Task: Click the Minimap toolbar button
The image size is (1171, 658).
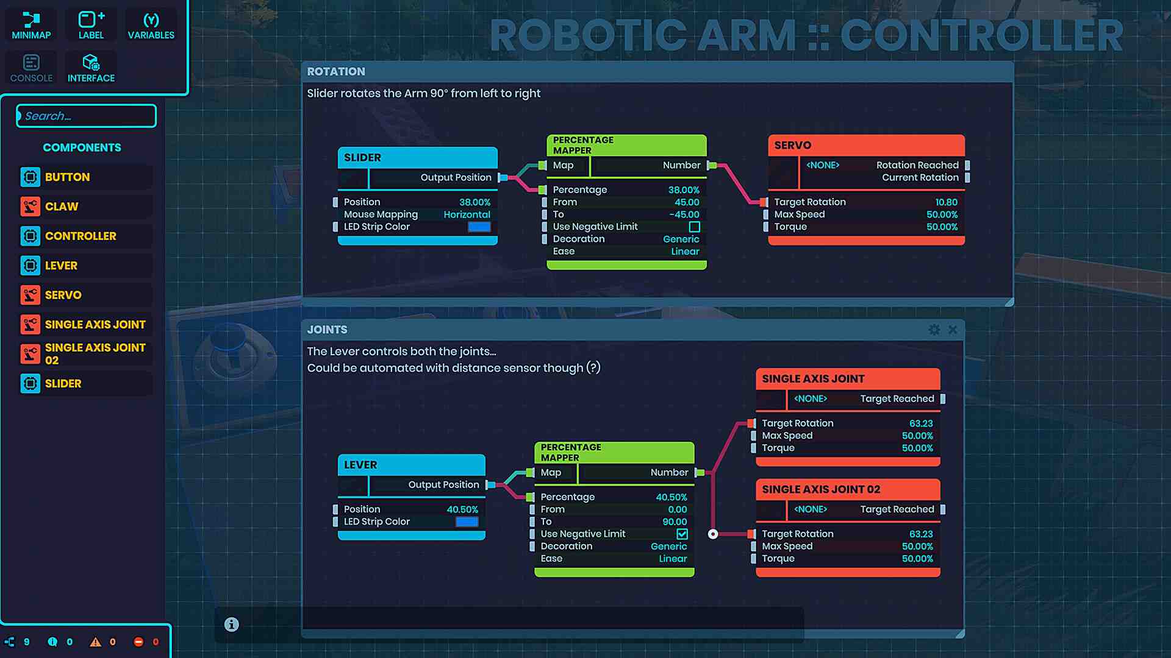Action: pyautogui.click(x=31, y=26)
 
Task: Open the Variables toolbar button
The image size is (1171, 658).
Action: pyautogui.click(x=151, y=26)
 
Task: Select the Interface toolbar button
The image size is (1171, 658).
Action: pyautogui.click(x=91, y=68)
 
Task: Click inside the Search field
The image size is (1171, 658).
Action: pyautogui.click(x=87, y=116)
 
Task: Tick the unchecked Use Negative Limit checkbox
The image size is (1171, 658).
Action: pyautogui.click(x=694, y=227)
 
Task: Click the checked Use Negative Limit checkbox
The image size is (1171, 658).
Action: pyautogui.click(x=682, y=534)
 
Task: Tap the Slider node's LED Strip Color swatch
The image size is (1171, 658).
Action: pyautogui.click(x=479, y=227)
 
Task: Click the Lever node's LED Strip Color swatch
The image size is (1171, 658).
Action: pyautogui.click(x=467, y=522)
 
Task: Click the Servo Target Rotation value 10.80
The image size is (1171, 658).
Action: pyautogui.click(x=946, y=202)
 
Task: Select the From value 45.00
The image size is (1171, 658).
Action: pyautogui.click(x=687, y=202)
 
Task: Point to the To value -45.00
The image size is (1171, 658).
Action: pyautogui.click(x=684, y=214)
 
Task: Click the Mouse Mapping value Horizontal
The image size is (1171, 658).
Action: pyautogui.click(x=467, y=214)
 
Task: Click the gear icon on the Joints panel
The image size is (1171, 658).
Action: pyautogui.click(x=934, y=330)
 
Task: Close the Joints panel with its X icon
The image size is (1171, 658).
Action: pyautogui.click(x=953, y=330)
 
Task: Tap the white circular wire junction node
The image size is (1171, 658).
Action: pyautogui.click(x=713, y=534)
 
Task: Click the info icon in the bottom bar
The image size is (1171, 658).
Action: pyautogui.click(x=231, y=624)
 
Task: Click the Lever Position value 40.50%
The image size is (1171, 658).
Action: pyautogui.click(x=462, y=509)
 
